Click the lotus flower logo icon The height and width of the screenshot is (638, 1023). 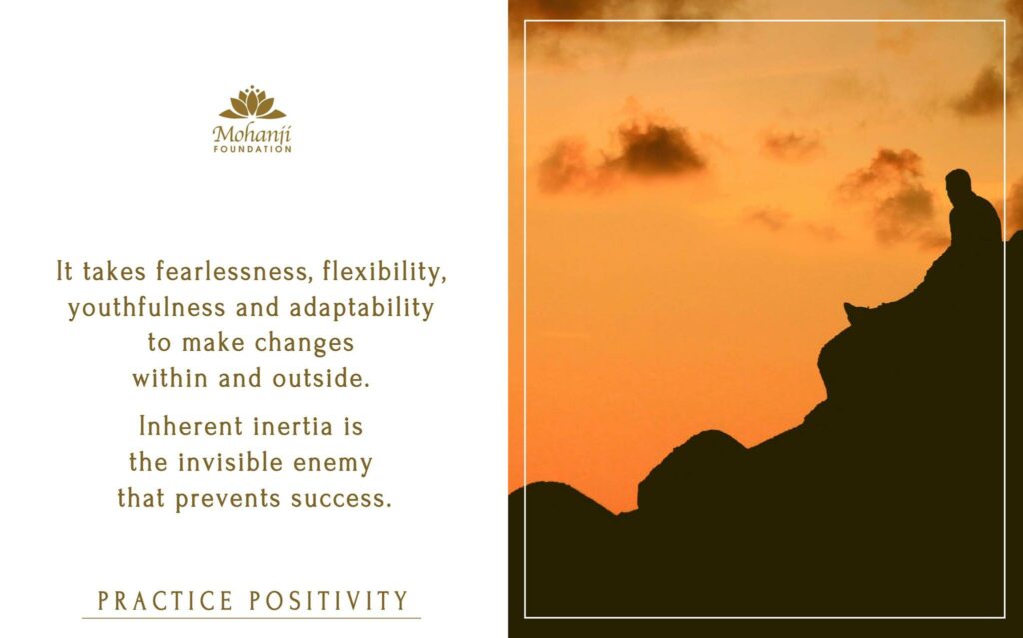pyautogui.click(x=252, y=103)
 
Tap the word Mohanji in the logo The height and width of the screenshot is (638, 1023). pyautogui.click(x=252, y=134)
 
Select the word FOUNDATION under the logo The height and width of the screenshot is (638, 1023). pyautogui.click(x=253, y=149)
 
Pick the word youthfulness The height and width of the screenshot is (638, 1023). pyautogui.click(x=146, y=308)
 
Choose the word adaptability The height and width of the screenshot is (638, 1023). pyautogui.click(x=361, y=308)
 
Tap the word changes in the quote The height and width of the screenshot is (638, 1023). pyautogui.click(x=304, y=343)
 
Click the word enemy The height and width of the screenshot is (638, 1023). pyautogui.click(x=333, y=464)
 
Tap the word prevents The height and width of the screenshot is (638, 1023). pyautogui.click(x=227, y=499)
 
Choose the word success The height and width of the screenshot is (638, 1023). pyautogui.click(x=341, y=499)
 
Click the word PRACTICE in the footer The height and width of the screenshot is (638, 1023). pyautogui.click(x=165, y=601)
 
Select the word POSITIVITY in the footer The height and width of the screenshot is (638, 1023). pyautogui.click(x=329, y=601)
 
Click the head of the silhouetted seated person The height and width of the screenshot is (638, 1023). pyautogui.click(x=958, y=183)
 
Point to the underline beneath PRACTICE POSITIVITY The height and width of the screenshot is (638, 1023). pyautogui.click(x=251, y=617)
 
